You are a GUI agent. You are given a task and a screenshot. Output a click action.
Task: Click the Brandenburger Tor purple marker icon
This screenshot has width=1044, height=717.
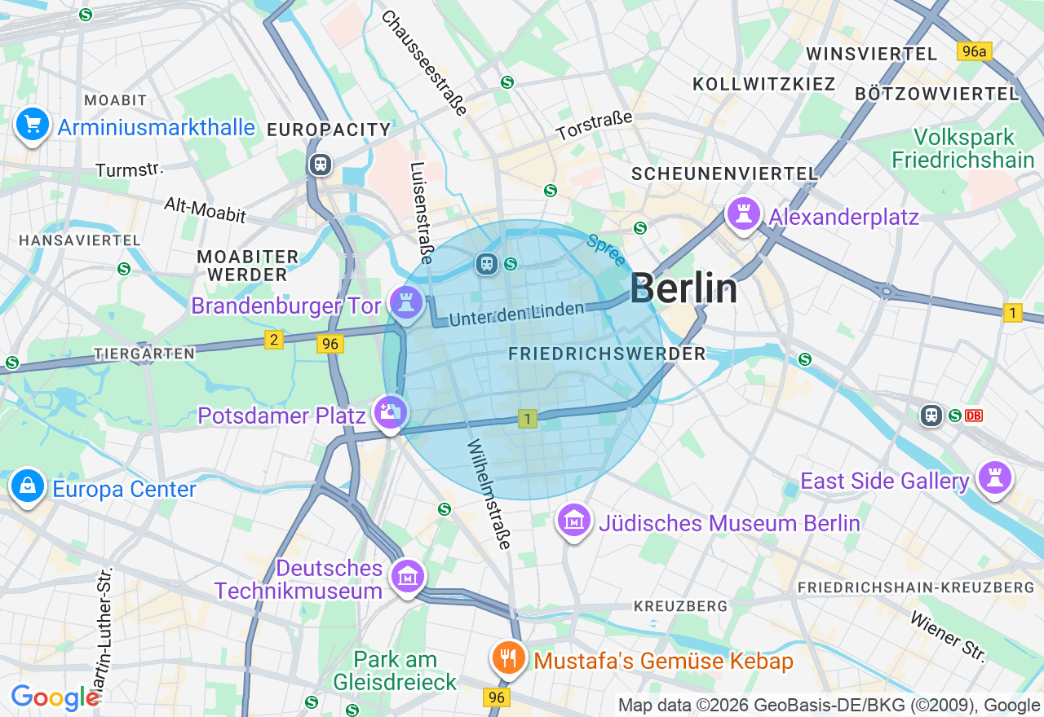click(405, 302)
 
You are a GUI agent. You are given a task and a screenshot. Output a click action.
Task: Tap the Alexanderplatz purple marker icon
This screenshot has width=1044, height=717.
click(743, 215)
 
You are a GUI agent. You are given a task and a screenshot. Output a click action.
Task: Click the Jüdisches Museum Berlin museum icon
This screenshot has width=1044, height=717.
click(574, 520)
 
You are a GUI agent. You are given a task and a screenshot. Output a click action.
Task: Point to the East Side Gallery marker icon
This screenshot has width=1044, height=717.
click(994, 477)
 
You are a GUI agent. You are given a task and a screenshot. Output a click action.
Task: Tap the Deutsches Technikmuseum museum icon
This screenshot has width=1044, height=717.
click(407, 577)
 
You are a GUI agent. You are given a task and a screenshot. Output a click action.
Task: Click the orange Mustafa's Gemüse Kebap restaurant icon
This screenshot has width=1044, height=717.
click(509, 658)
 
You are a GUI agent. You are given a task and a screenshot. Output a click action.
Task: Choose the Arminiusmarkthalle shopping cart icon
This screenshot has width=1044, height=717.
click(32, 125)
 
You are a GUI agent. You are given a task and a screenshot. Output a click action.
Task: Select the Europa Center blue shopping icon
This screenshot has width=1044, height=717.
click(28, 486)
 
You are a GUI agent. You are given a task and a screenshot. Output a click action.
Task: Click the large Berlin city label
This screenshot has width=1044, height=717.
click(683, 288)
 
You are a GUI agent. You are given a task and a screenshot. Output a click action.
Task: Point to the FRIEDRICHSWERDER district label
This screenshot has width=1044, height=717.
click(607, 354)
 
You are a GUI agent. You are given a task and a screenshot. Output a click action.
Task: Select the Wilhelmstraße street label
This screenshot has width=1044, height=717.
click(489, 495)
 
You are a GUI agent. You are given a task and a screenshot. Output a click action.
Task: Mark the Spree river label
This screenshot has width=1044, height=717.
click(606, 250)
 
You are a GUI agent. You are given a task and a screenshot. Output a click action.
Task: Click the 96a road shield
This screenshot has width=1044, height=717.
click(974, 51)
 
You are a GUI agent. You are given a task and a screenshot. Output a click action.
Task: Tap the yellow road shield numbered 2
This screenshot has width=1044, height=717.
click(274, 340)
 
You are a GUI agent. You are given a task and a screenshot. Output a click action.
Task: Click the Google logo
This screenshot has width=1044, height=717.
click(55, 698)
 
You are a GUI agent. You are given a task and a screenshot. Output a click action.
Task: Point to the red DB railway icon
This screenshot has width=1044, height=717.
click(974, 416)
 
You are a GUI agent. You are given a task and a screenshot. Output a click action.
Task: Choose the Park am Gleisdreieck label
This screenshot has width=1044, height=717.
click(396, 671)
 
